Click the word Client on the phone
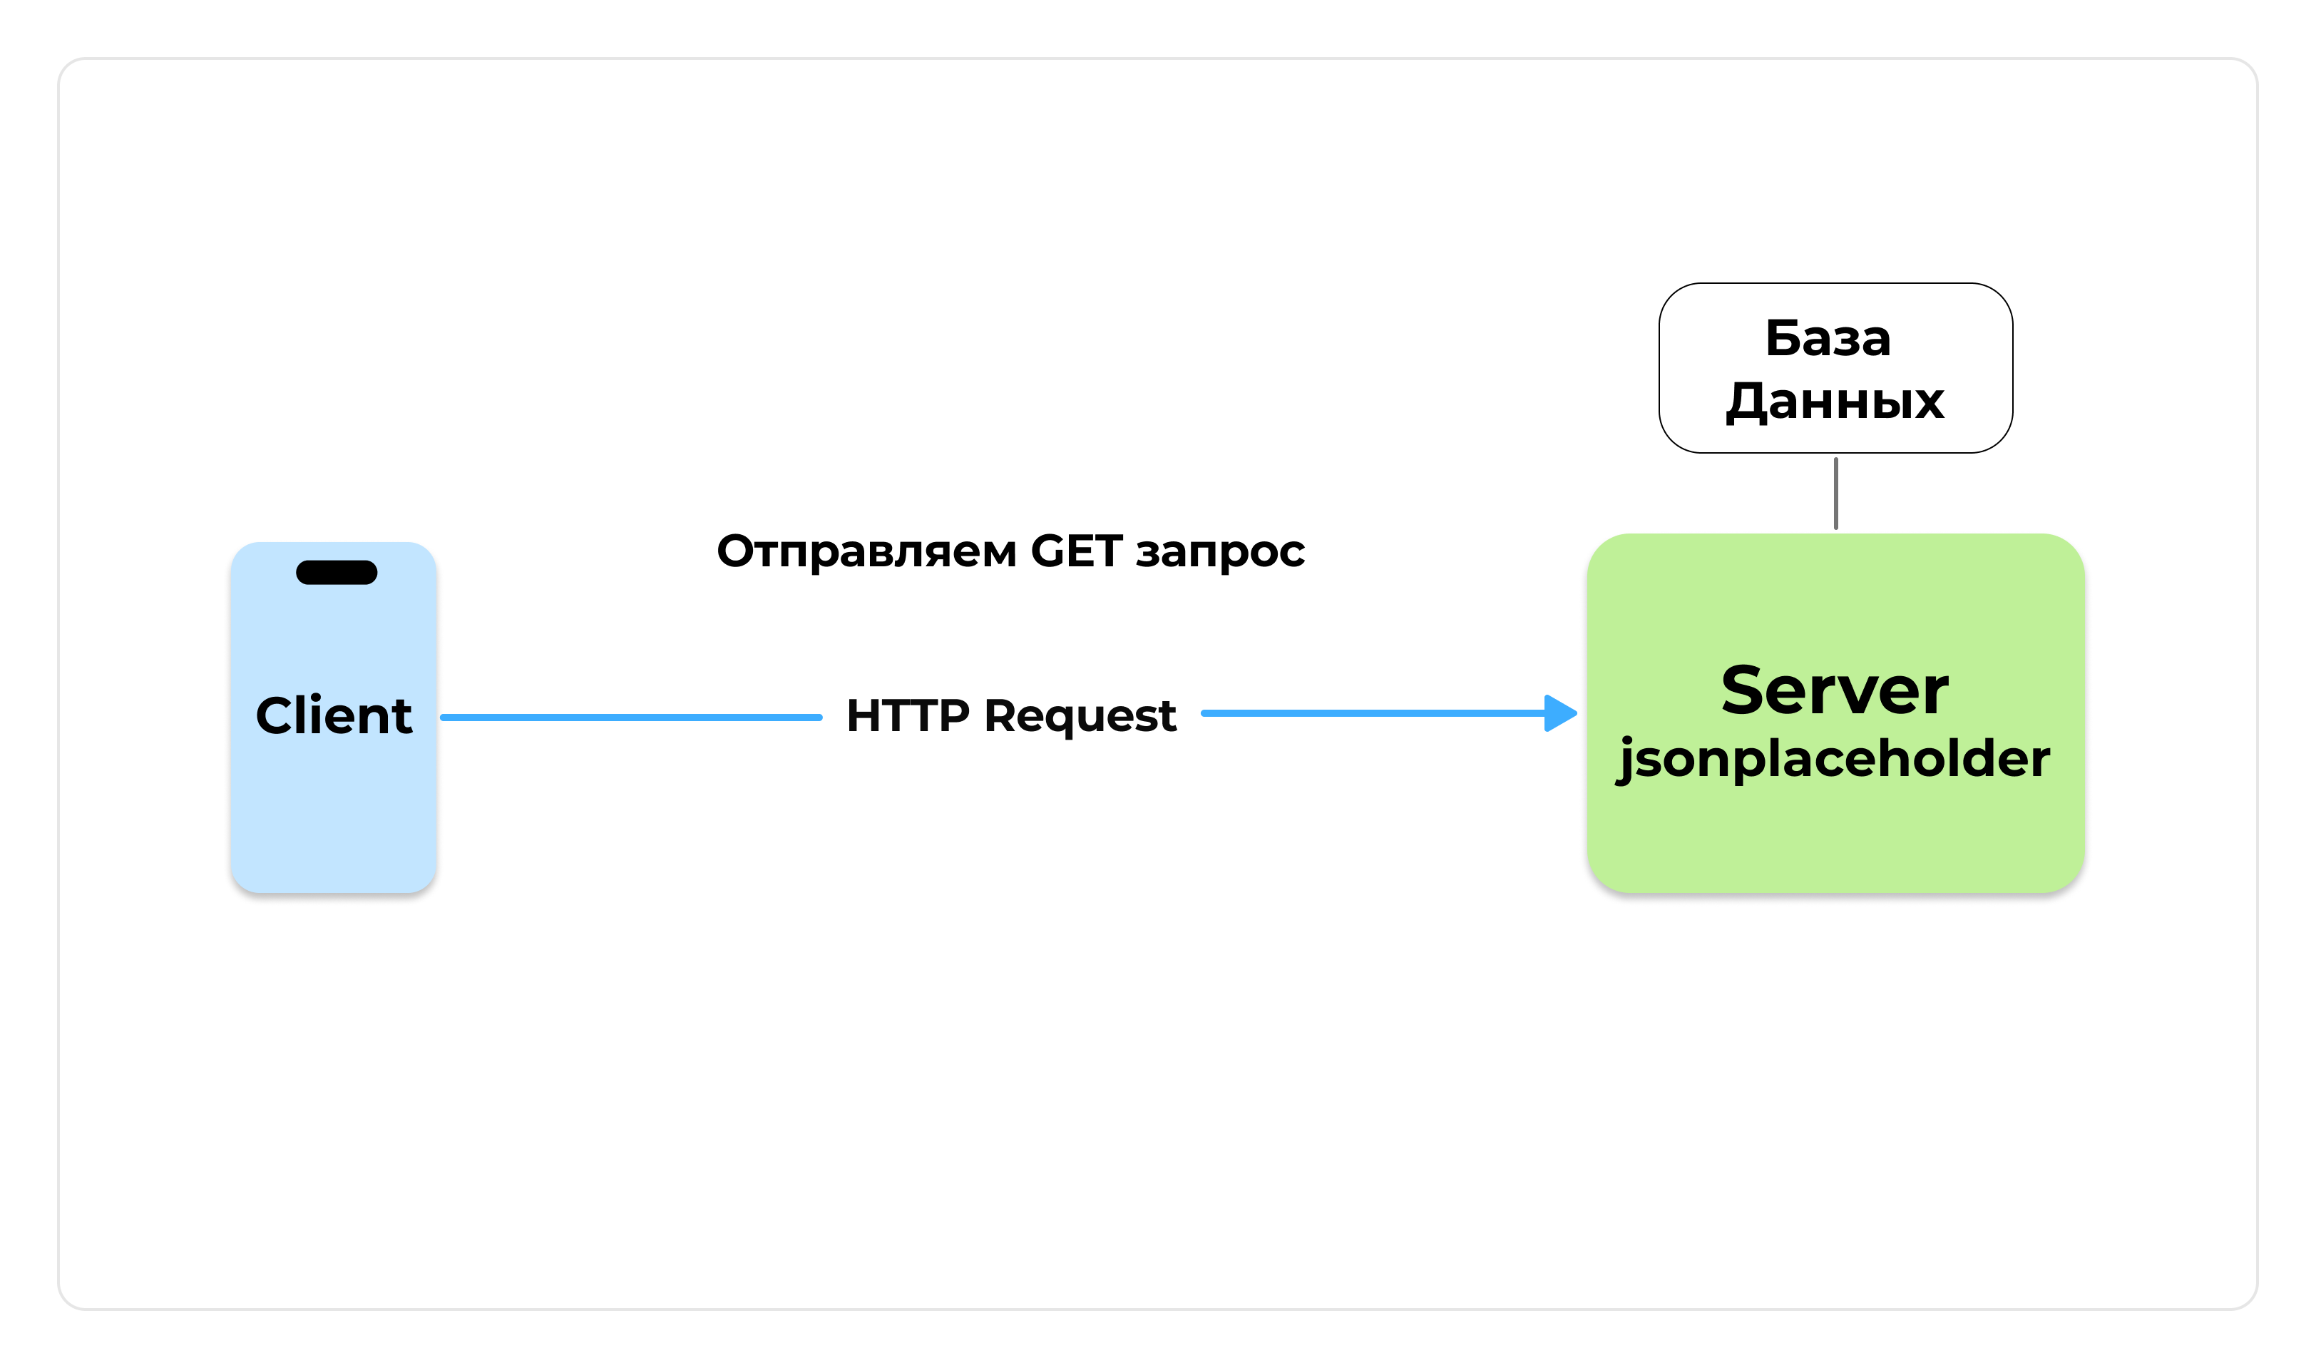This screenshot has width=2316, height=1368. coord(334,716)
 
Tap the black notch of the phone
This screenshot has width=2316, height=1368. coord(337,573)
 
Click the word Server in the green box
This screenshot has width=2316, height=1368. coord(1834,690)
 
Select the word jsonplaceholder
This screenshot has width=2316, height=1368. coord(1834,759)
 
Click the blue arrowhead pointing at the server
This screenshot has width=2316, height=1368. coord(1559,713)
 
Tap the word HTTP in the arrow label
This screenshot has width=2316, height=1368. coord(907,716)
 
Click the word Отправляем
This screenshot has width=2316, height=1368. coord(866,551)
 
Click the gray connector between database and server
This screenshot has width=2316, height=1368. coord(1836,493)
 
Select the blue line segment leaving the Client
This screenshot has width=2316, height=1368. coord(631,718)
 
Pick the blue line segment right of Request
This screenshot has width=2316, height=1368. coord(1373,713)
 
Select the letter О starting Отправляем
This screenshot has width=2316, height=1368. coord(737,551)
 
